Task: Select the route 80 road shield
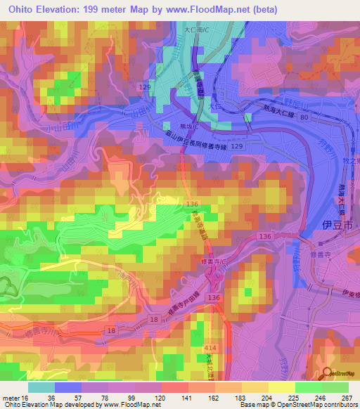pos(303,118)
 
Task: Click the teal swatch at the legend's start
pos(41,387)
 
